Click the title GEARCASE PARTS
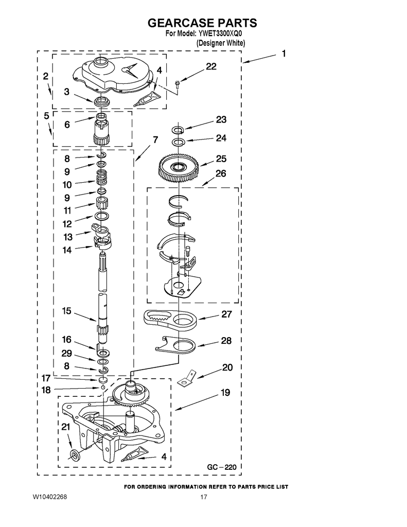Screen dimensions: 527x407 click(202, 23)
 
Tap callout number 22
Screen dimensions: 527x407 click(211, 66)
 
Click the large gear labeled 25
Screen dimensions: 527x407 click(179, 167)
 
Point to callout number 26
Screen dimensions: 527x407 click(220, 173)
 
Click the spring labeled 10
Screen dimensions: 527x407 click(102, 179)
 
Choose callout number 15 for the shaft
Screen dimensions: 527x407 click(66, 311)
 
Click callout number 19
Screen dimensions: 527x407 click(225, 393)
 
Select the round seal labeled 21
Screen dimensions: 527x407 click(75, 453)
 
